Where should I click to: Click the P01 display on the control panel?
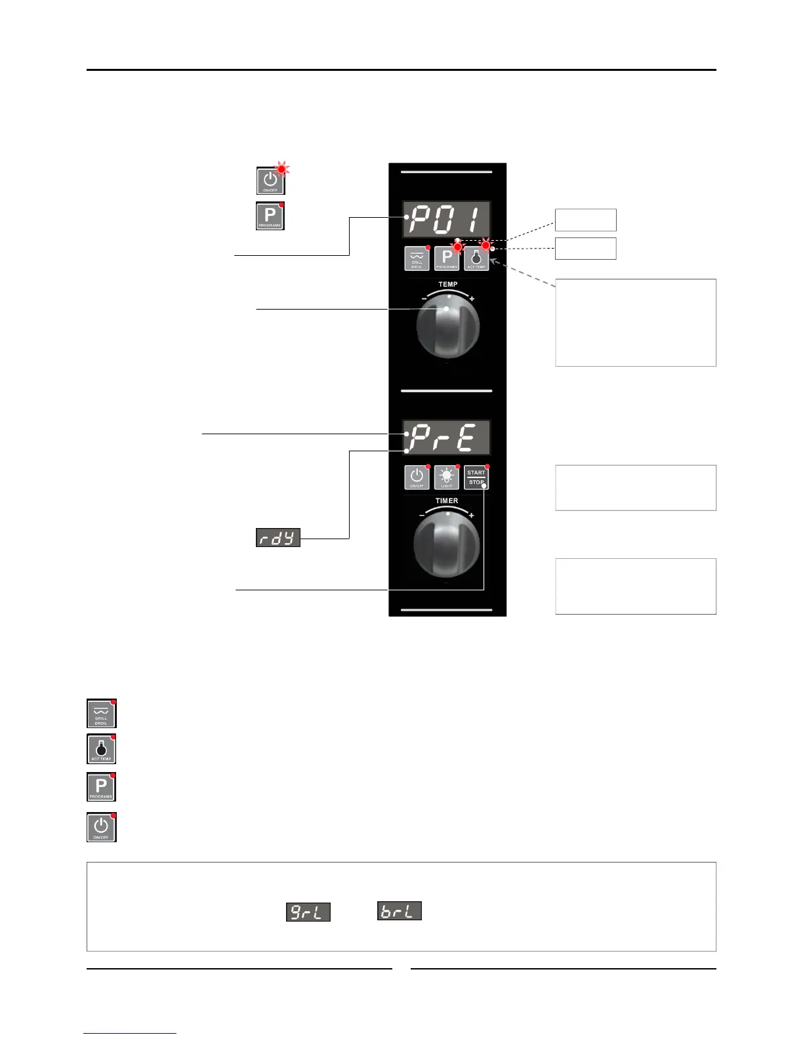pyautogui.click(x=447, y=219)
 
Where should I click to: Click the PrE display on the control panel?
pyautogui.click(x=447, y=438)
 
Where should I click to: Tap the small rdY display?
pyautogui.click(x=278, y=539)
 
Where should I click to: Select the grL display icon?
pyautogui.click(x=308, y=912)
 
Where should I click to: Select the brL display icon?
pyautogui.click(x=399, y=910)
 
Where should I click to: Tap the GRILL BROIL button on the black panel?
pyautogui.click(x=417, y=258)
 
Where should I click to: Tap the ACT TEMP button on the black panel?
pyautogui.click(x=476, y=258)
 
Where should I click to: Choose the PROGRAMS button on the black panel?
pyautogui.click(x=446, y=258)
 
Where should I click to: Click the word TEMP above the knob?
pyautogui.click(x=448, y=285)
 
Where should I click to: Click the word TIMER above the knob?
pyautogui.click(x=447, y=501)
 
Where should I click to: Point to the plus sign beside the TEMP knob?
pyautogui.click(x=472, y=299)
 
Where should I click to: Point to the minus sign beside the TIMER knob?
pyautogui.click(x=422, y=516)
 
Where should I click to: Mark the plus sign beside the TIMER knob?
pyautogui.click(x=472, y=516)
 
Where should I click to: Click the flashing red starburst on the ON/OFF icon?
pyautogui.click(x=282, y=169)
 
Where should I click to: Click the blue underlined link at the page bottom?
pyautogui.click(x=130, y=1033)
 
